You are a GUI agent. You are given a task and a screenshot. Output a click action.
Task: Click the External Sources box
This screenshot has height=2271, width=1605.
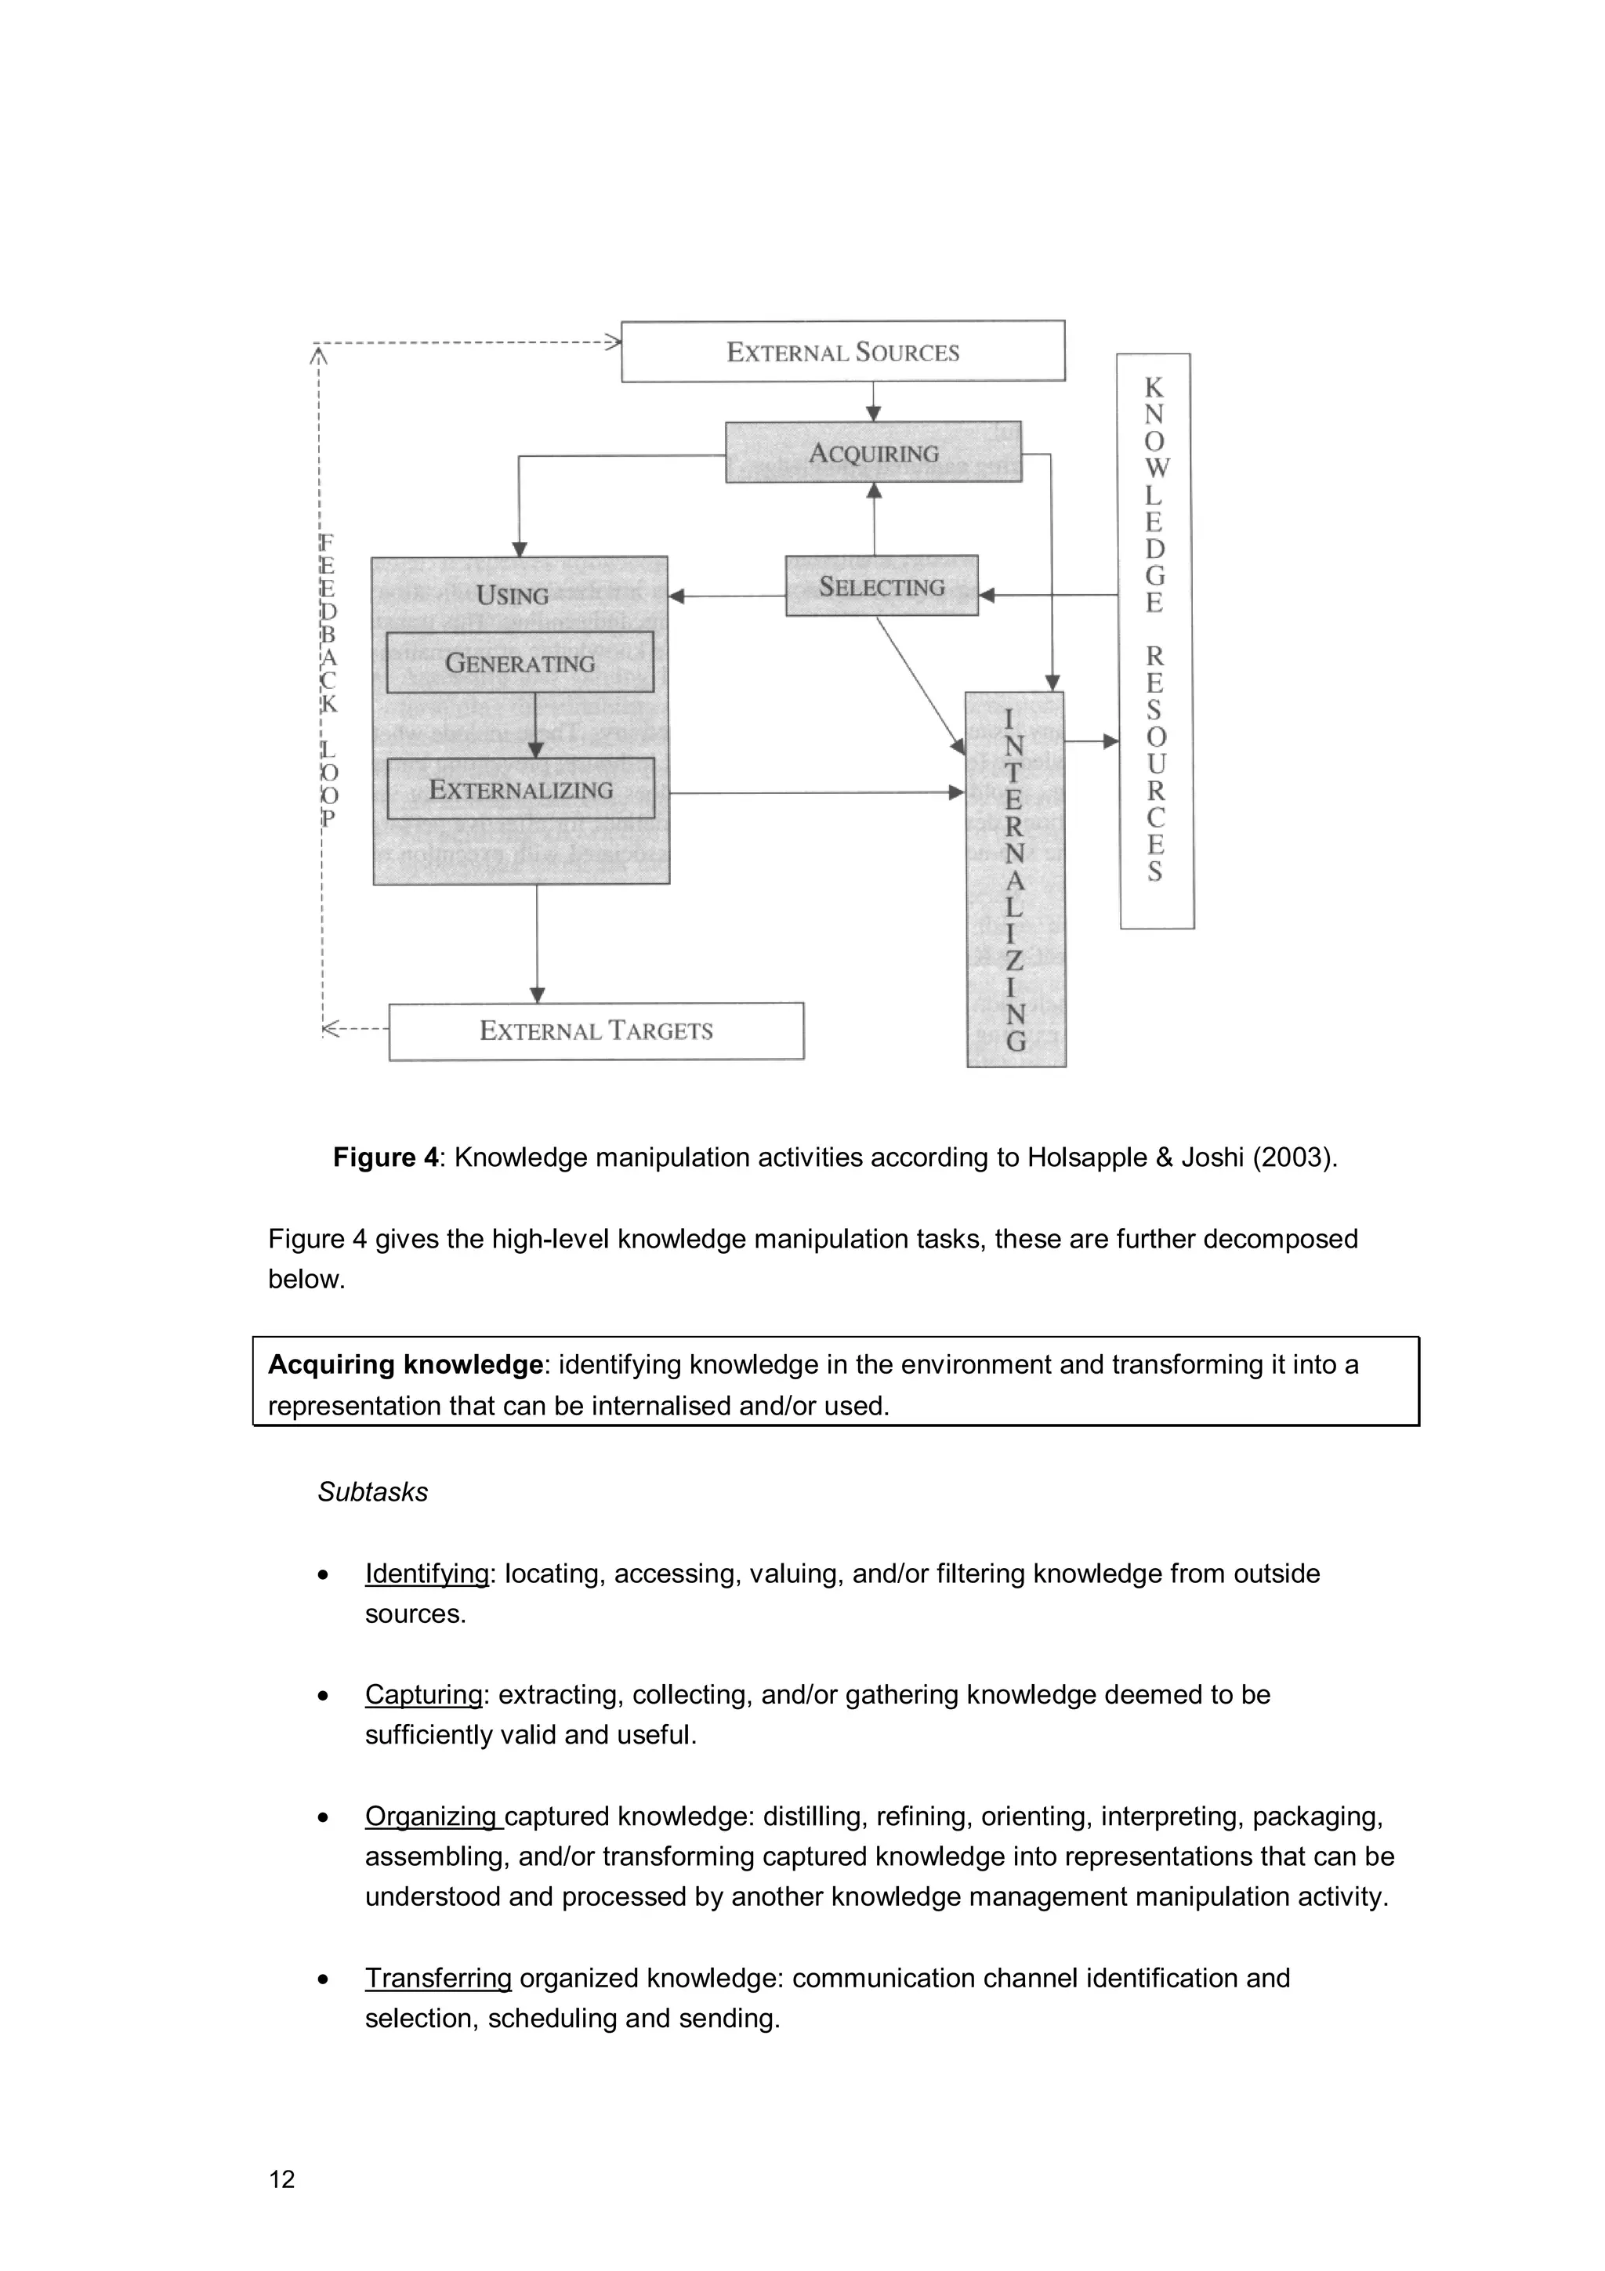point(842,352)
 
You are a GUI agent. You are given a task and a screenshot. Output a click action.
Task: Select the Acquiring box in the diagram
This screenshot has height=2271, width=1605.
point(873,453)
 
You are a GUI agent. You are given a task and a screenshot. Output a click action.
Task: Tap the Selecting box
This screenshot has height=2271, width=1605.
point(881,586)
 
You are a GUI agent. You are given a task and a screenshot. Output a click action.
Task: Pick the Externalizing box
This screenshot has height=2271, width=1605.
point(520,789)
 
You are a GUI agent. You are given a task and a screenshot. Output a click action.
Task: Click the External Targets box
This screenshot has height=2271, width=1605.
point(596,1030)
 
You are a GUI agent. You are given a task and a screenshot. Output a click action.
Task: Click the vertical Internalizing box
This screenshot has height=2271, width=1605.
point(1016,878)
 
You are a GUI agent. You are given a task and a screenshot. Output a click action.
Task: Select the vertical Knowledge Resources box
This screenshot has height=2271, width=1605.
point(1155,641)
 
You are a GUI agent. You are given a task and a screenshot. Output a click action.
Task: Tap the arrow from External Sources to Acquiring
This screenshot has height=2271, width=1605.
point(873,403)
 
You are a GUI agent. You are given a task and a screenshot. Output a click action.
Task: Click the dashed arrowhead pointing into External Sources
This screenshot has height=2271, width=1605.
point(613,343)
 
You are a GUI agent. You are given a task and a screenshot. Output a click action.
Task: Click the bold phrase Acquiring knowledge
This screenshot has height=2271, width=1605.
point(405,1365)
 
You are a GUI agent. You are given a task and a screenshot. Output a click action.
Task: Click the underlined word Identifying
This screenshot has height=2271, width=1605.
point(427,1574)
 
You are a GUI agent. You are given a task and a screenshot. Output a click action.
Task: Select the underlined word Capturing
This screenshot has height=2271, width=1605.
point(423,1694)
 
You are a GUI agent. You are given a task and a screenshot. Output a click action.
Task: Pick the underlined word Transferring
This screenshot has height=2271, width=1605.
point(438,1978)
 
